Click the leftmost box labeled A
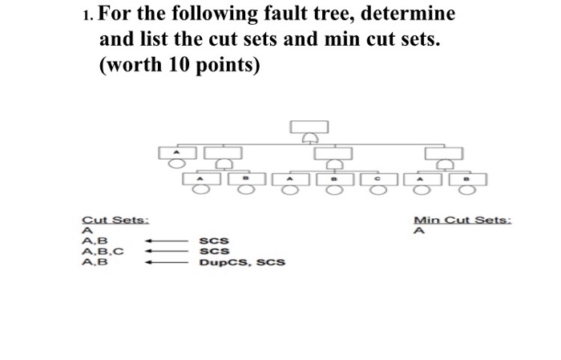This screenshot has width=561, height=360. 170,152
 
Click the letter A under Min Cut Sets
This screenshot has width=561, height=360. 418,231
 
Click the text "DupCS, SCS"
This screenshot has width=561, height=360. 242,261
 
